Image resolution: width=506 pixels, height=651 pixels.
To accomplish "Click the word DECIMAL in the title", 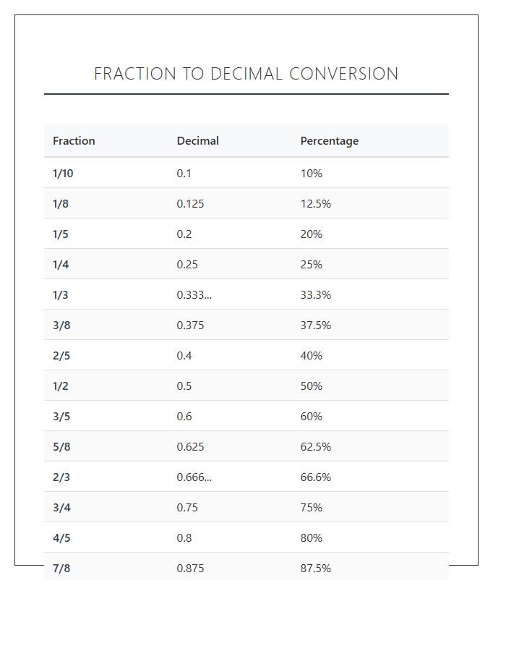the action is [246, 74].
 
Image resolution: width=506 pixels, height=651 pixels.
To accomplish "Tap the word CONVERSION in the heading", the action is [344, 74].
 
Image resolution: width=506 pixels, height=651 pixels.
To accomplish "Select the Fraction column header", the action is [74, 141].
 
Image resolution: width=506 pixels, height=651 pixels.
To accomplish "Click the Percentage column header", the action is [330, 141].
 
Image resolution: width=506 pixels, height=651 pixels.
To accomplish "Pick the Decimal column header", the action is [198, 141].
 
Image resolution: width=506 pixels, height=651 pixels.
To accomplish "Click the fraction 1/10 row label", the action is [63, 173].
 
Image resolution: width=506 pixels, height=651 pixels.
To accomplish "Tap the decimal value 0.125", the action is [190, 204].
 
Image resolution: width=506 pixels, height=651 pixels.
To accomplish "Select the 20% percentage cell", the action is [312, 234].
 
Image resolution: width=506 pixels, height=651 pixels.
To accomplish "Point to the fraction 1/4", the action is [61, 265].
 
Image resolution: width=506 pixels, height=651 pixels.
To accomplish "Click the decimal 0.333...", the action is [194, 295].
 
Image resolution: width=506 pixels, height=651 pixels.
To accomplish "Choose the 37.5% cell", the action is [316, 325].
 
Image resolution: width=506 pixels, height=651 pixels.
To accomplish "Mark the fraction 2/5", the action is [61, 355].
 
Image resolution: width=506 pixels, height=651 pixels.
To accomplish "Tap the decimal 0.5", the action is [184, 386].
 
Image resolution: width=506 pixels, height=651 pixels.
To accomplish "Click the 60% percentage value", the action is [312, 417].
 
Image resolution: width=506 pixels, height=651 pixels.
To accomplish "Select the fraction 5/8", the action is [61, 447].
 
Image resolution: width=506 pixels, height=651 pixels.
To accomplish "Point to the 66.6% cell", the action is [316, 477].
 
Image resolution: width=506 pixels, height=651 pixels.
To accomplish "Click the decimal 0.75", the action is [187, 507].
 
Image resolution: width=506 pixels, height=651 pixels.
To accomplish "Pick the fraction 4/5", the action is [61, 537].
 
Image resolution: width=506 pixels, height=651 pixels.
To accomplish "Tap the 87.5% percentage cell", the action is [316, 568].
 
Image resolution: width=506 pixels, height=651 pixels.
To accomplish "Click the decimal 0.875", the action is [190, 568].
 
